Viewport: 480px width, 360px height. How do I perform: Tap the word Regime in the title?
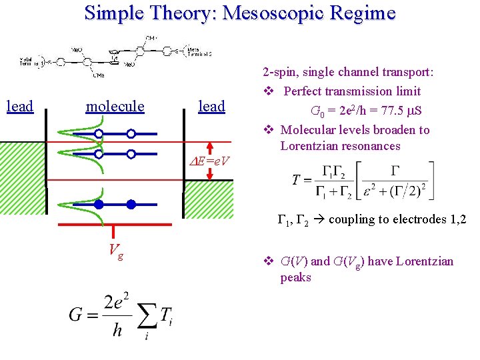click(365, 13)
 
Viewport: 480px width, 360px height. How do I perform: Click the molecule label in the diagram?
click(115, 106)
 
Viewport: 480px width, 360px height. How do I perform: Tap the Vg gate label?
click(115, 252)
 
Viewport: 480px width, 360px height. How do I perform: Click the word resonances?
click(373, 146)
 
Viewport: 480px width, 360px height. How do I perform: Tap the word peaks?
click(296, 277)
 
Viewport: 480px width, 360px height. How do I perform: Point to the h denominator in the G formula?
click(117, 330)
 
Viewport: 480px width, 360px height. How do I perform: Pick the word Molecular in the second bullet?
click(307, 130)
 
